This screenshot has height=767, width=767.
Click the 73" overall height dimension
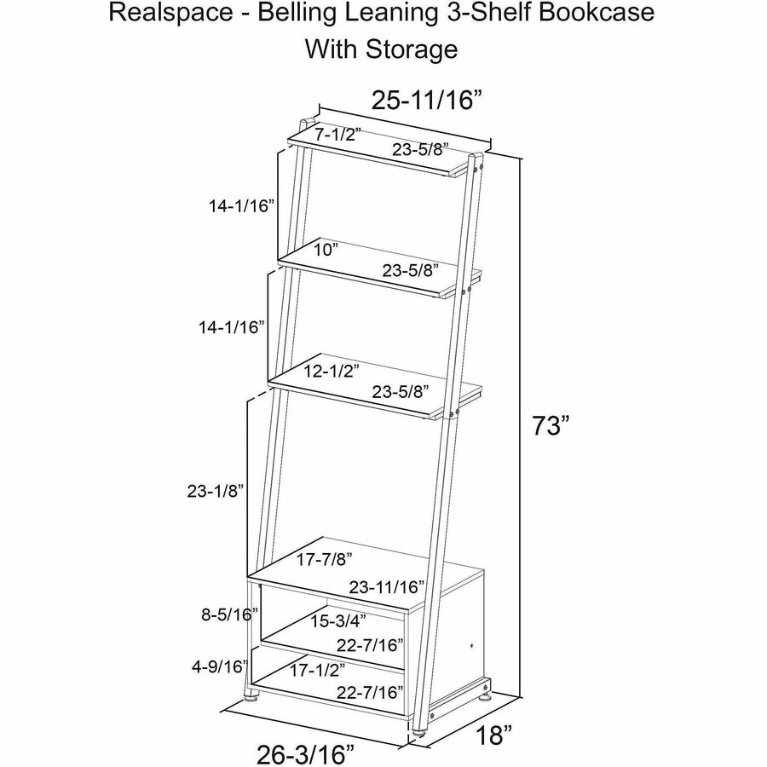click(551, 425)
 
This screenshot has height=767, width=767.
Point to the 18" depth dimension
click(494, 735)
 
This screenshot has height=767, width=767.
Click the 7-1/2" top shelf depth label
click(337, 134)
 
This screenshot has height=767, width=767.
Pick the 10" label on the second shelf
click(326, 250)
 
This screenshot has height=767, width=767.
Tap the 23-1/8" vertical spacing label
click(216, 491)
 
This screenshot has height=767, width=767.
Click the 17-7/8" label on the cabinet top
click(325, 559)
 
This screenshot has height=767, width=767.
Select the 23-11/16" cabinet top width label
click(386, 586)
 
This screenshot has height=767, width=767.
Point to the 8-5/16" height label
click(230, 614)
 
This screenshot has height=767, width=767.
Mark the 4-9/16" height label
click(220, 666)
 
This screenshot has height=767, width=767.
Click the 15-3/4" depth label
click(338, 621)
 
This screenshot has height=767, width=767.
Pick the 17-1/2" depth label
click(318, 670)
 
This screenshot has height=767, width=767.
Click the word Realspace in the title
click(171, 13)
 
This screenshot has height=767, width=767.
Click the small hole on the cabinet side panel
click(471, 646)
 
